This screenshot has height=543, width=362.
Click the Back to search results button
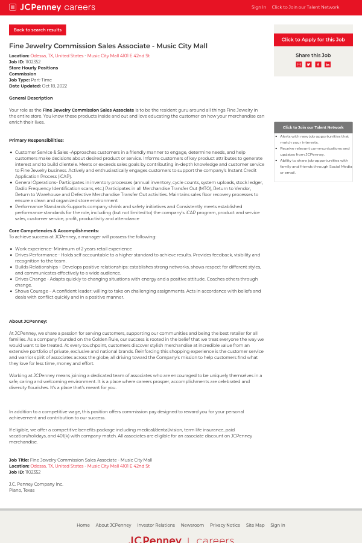pos(37,30)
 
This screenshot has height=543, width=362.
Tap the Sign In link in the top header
pos(258,7)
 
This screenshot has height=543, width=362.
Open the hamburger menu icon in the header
pos(13,7)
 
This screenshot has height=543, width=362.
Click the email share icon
pos(299,65)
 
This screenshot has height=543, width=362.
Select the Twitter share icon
pos(308,65)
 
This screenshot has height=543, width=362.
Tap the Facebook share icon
pos(318,65)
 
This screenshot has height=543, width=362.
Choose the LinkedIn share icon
pos(328,65)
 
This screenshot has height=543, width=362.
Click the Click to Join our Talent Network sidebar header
pos(313,127)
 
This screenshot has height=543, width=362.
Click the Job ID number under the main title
pos(33,62)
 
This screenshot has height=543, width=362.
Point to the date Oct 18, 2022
pos(54,86)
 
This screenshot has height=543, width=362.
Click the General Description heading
pos(31,98)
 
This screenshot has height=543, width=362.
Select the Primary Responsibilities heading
pos(36,140)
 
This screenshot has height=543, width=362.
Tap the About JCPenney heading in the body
pos(28,321)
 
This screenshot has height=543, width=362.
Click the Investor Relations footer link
pos(156,525)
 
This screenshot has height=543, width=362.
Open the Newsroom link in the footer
pos(192,525)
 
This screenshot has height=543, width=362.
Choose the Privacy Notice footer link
pos(225,525)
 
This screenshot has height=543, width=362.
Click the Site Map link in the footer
pos(255,525)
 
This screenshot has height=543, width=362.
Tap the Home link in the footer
pos(83,525)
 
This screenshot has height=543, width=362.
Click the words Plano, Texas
pos(22,490)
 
